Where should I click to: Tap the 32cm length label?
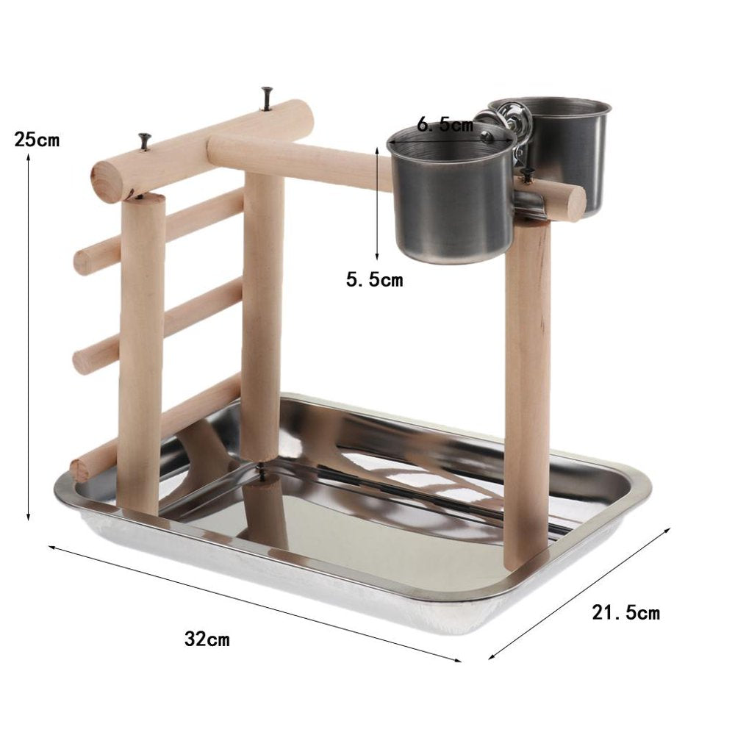207,639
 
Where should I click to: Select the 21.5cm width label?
626,612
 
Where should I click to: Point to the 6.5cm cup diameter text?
445,125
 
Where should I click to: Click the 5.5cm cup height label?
374,280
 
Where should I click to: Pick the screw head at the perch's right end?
527,175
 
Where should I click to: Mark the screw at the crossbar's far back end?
265,97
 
